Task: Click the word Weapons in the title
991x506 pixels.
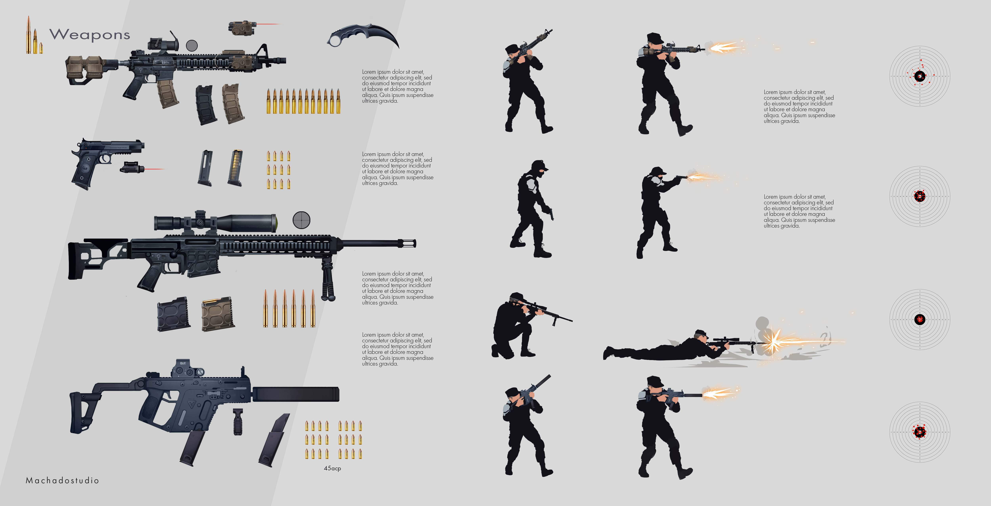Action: pos(90,35)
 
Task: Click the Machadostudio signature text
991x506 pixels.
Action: pos(62,480)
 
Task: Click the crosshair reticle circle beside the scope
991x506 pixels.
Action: pos(301,220)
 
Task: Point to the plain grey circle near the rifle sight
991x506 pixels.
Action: pos(192,45)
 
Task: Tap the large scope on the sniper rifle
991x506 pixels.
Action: pos(216,222)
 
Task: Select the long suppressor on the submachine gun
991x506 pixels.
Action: pos(295,394)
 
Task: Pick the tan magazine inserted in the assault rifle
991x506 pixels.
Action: pos(168,94)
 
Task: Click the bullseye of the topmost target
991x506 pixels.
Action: pos(920,76)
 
